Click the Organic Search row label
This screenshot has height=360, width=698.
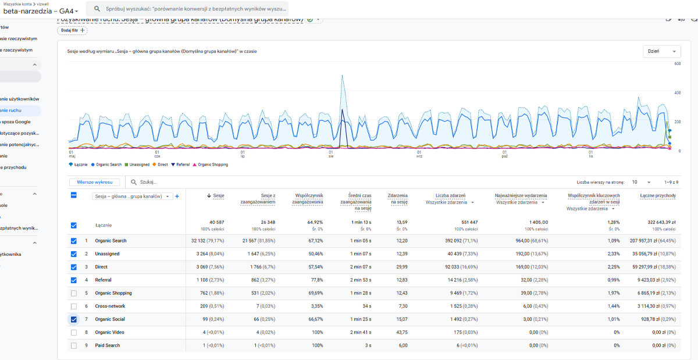(x=111, y=241)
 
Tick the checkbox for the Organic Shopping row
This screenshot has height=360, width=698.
(x=73, y=293)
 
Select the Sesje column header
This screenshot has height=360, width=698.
(x=216, y=196)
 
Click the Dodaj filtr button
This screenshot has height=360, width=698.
(x=72, y=30)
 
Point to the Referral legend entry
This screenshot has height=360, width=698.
(x=180, y=165)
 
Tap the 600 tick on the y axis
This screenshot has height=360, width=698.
(x=677, y=64)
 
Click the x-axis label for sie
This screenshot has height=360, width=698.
(x=330, y=155)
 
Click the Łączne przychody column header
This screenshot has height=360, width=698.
(x=657, y=196)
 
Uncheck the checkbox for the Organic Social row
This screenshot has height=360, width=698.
(x=73, y=319)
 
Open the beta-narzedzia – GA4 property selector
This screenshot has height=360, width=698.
(x=41, y=11)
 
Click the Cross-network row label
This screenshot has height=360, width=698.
(x=111, y=306)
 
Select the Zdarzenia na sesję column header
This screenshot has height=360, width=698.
(x=397, y=199)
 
